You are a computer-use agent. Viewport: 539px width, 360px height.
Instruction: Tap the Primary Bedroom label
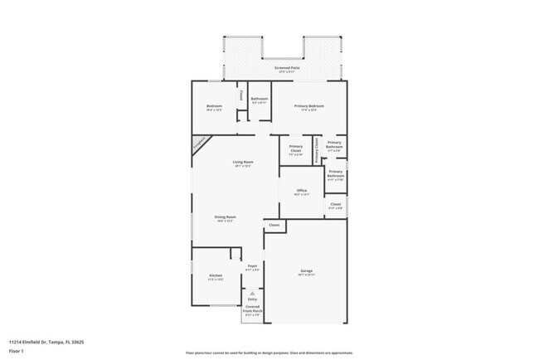[x=308, y=106]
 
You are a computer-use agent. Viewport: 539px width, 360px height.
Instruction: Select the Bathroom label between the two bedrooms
[x=260, y=99]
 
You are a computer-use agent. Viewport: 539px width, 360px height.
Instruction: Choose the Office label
[x=301, y=191]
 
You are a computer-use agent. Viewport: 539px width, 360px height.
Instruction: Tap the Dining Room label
[x=226, y=217]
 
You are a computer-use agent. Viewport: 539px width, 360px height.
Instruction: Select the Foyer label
[x=252, y=266]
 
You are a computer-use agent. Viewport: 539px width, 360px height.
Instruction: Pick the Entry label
[x=252, y=299]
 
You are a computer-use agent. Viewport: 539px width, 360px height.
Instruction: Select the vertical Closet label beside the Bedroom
[x=241, y=95]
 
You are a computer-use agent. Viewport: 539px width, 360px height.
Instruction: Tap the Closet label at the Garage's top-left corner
[x=274, y=225]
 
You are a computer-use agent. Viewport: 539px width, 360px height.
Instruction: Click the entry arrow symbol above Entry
[x=252, y=291]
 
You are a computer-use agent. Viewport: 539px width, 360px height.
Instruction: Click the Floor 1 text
[x=16, y=352]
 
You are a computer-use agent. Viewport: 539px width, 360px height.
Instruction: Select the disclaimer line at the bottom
[x=269, y=353]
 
